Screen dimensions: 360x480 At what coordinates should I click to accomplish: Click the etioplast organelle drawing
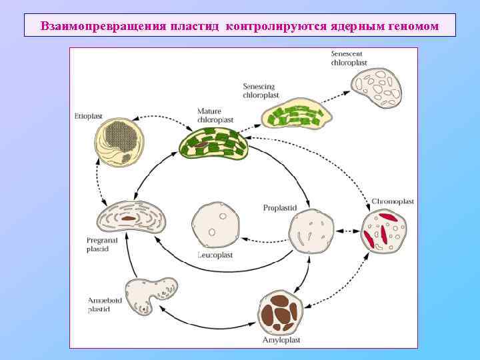[119, 143]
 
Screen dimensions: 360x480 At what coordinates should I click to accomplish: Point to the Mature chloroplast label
[215, 115]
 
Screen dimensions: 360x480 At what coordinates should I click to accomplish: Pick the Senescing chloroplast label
[259, 91]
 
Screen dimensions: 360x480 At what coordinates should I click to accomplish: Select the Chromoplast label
[393, 201]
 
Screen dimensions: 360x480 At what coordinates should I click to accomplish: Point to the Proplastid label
[279, 207]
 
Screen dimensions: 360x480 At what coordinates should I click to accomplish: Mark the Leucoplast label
[214, 255]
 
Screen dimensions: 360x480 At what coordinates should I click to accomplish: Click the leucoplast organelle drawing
[215, 224]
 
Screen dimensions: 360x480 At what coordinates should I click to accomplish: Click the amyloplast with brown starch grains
[281, 312]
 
